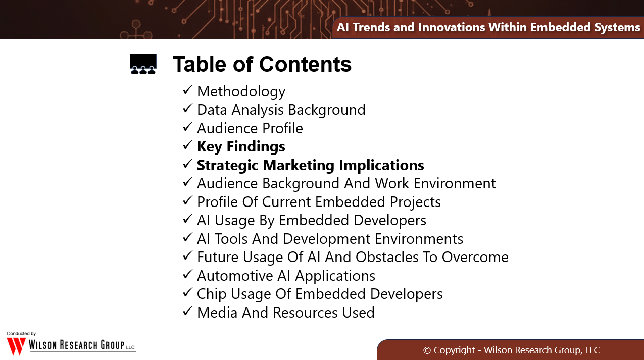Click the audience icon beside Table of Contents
tap(143, 64)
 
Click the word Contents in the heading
tap(305, 64)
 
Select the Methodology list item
tap(241, 92)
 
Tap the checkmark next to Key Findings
tap(187, 145)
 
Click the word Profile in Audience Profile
tap(283, 128)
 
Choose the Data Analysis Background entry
tap(281, 110)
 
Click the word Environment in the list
tap(455, 183)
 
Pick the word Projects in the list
tap(415, 202)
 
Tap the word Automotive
tap(235, 276)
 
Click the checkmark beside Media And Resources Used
tap(187, 312)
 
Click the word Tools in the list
tap(231, 239)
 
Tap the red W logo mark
tap(16, 346)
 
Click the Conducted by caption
tap(21, 334)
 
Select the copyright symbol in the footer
tap(427, 350)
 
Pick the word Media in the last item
tap(217, 313)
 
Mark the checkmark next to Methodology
tap(187, 90)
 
